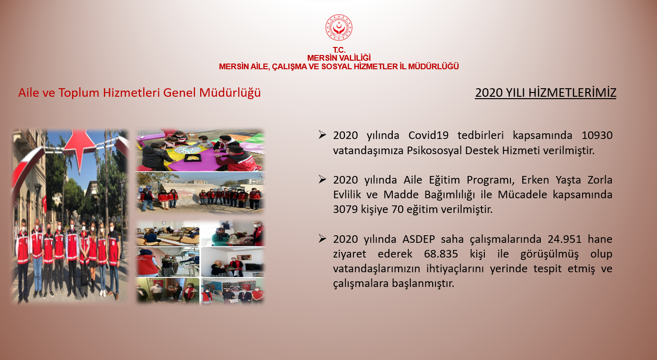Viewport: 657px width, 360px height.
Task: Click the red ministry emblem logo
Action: pyautogui.click(x=339, y=27)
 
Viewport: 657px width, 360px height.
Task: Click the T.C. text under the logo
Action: pyautogui.click(x=339, y=50)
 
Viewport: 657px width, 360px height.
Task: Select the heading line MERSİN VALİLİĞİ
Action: pyautogui.click(x=339, y=58)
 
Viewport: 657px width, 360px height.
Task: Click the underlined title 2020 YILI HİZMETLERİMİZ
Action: pyautogui.click(x=546, y=92)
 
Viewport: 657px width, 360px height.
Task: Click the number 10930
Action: pyautogui.click(x=597, y=135)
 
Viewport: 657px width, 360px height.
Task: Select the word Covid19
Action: pyautogui.click(x=428, y=135)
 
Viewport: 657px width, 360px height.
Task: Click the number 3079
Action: pyautogui.click(x=345, y=209)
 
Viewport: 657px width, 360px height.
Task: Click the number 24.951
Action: pyautogui.click(x=564, y=239)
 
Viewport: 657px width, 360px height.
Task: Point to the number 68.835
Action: pyautogui.click(x=441, y=254)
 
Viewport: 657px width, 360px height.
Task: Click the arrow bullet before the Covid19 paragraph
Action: pyautogui.click(x=322, y=135)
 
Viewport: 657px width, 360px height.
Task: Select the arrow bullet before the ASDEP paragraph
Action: pyautogui.click(x=322, y=239)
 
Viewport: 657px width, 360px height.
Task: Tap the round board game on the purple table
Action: pyautogui.click(x=188, y=149)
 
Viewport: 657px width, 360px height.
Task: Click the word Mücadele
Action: pyautogui.click(x=522, y=194)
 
